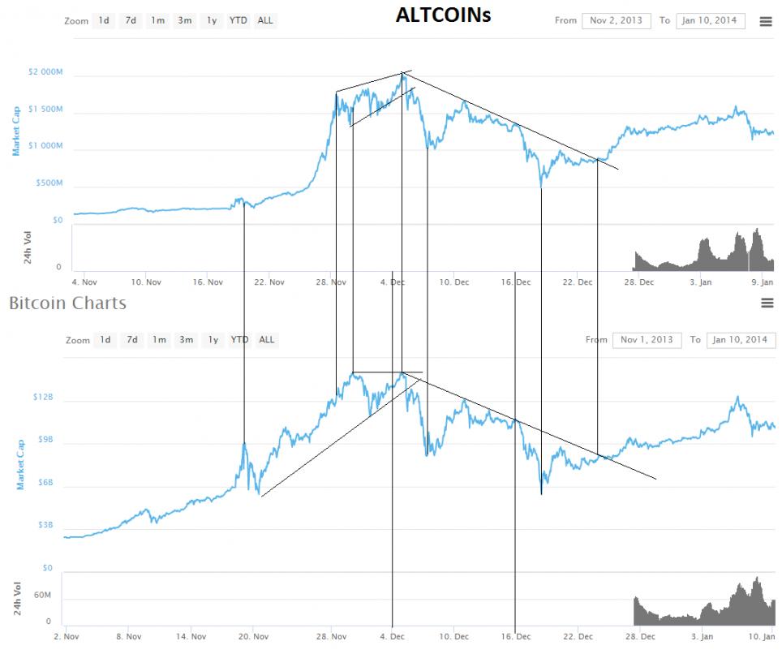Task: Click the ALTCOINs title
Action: point(443,15)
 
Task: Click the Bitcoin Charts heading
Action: point(67,303)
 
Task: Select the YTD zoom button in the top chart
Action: point(238,20)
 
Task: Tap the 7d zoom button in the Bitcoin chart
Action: point(132,340)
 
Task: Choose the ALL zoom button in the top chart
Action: point(265,20)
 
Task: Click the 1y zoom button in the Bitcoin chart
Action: point(213,340)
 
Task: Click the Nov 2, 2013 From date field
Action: point(616,20)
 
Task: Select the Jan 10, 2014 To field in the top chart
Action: point(709,20)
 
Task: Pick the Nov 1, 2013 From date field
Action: point(647,340)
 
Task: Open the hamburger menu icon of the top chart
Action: point(765,22)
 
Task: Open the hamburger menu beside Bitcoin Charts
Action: point(767,303)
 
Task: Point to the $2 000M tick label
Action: point(45,72)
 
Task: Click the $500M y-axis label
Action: point(49,183)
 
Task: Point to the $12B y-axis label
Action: point(43,398)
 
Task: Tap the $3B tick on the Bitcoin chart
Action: point(45,525)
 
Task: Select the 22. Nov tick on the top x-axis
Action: point(269,282)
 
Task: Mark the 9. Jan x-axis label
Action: point(762,282)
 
